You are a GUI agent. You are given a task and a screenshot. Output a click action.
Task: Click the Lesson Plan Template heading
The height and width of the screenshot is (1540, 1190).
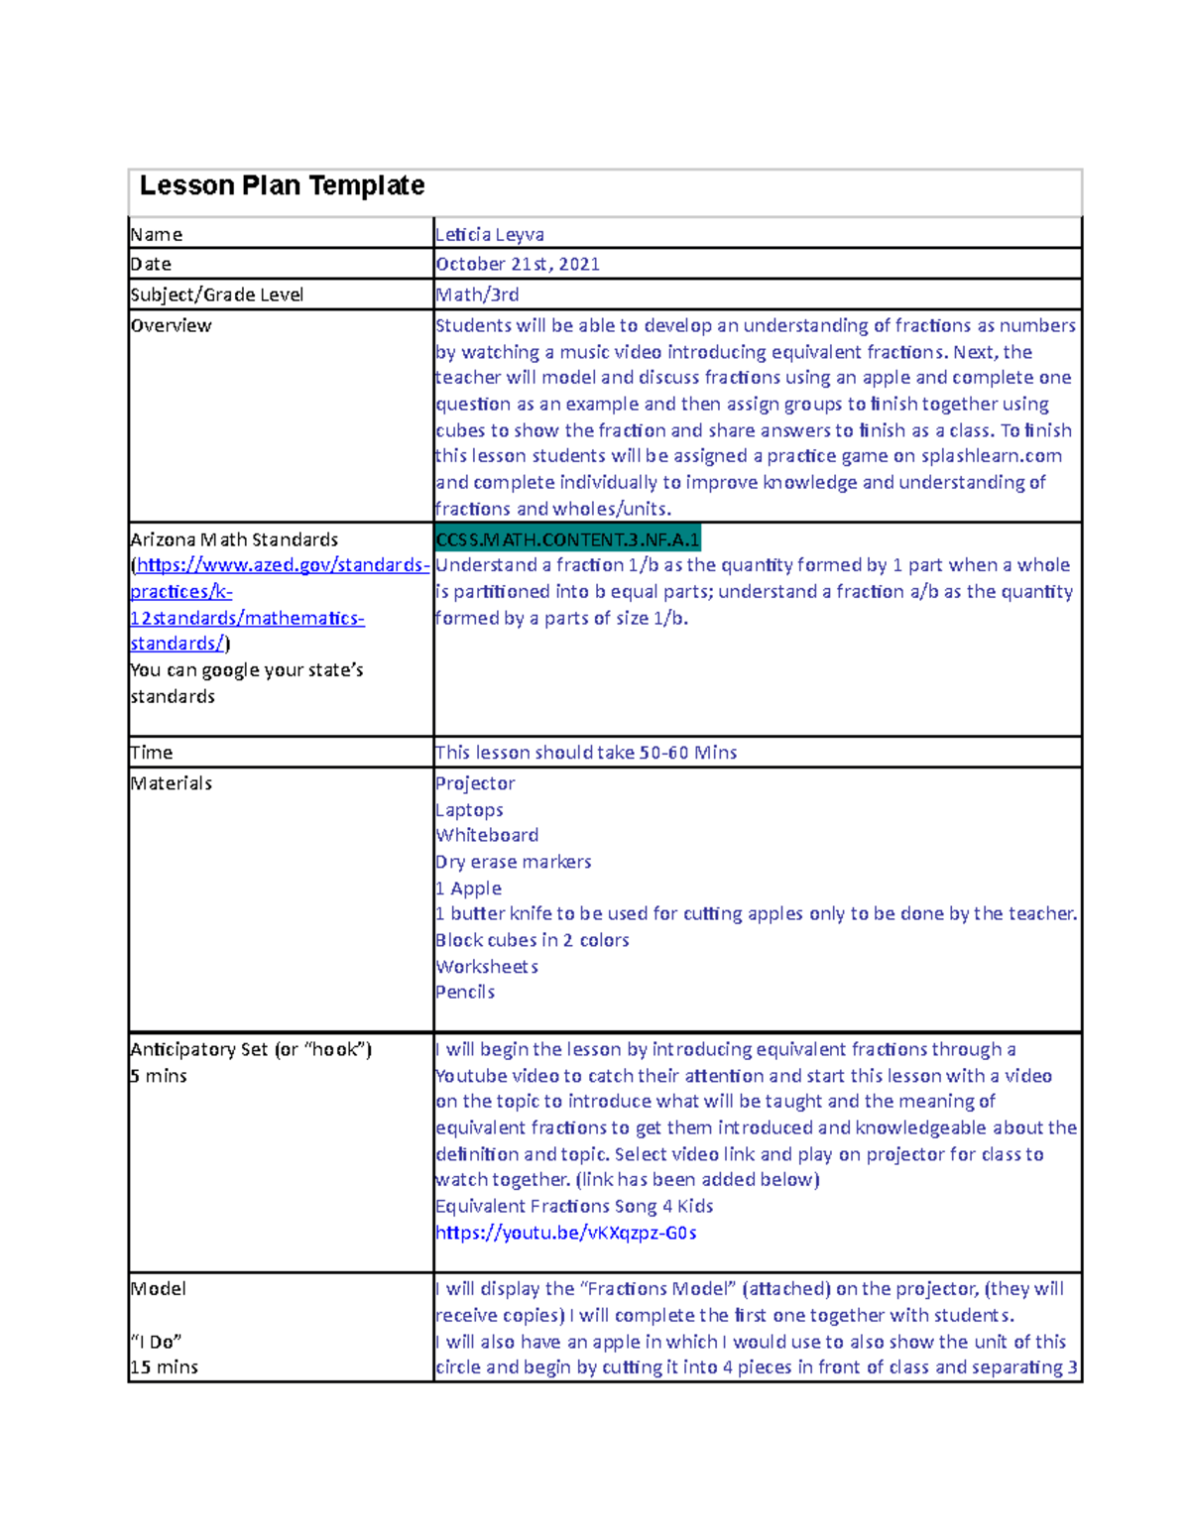(x=282, y=185)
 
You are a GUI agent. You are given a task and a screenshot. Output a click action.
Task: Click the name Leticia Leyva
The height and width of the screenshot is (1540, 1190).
(x=490, y=234)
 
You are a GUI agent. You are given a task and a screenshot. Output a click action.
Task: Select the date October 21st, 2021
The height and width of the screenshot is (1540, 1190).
(x=518, y=264)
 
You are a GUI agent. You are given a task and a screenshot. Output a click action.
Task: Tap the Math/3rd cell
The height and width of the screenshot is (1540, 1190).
(x=477, y=295)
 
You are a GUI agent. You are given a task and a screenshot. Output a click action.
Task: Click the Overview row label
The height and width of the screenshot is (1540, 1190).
(x=171, y=325)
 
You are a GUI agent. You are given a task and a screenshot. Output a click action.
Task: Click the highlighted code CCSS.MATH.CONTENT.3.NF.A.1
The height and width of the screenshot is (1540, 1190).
(x=567, y=539)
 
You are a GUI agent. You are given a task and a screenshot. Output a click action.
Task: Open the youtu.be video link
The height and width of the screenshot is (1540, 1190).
(x=565, y=1233)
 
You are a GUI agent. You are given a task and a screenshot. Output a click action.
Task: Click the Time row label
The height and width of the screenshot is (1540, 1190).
(x=151, y=753)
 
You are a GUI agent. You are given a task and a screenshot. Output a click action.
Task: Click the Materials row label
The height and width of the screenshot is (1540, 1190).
(x=171, y=783)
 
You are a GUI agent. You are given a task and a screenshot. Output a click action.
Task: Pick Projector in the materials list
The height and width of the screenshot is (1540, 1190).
(x=475, y=783)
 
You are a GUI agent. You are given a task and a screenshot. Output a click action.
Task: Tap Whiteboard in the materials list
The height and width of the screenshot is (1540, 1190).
(x=487, y=835)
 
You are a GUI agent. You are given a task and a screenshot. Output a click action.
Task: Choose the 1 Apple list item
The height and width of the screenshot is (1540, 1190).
(x=468, y=888)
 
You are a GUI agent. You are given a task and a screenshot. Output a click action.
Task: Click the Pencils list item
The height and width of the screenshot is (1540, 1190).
(x=465, y=992)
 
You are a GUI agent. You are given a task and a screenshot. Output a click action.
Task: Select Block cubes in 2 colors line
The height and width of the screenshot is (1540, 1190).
(x=532, y=940)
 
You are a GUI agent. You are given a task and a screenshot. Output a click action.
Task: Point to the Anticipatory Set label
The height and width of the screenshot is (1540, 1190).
(x=250, y=1049)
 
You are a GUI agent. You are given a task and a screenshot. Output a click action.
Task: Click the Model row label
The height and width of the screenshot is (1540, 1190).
(x=158, y=1289)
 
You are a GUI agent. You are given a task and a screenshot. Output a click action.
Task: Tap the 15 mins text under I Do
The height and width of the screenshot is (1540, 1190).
(x=164, y=1366)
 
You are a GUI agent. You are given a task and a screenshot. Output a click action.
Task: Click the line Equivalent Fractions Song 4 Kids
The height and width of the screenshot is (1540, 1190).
(x=574, y=1206)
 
